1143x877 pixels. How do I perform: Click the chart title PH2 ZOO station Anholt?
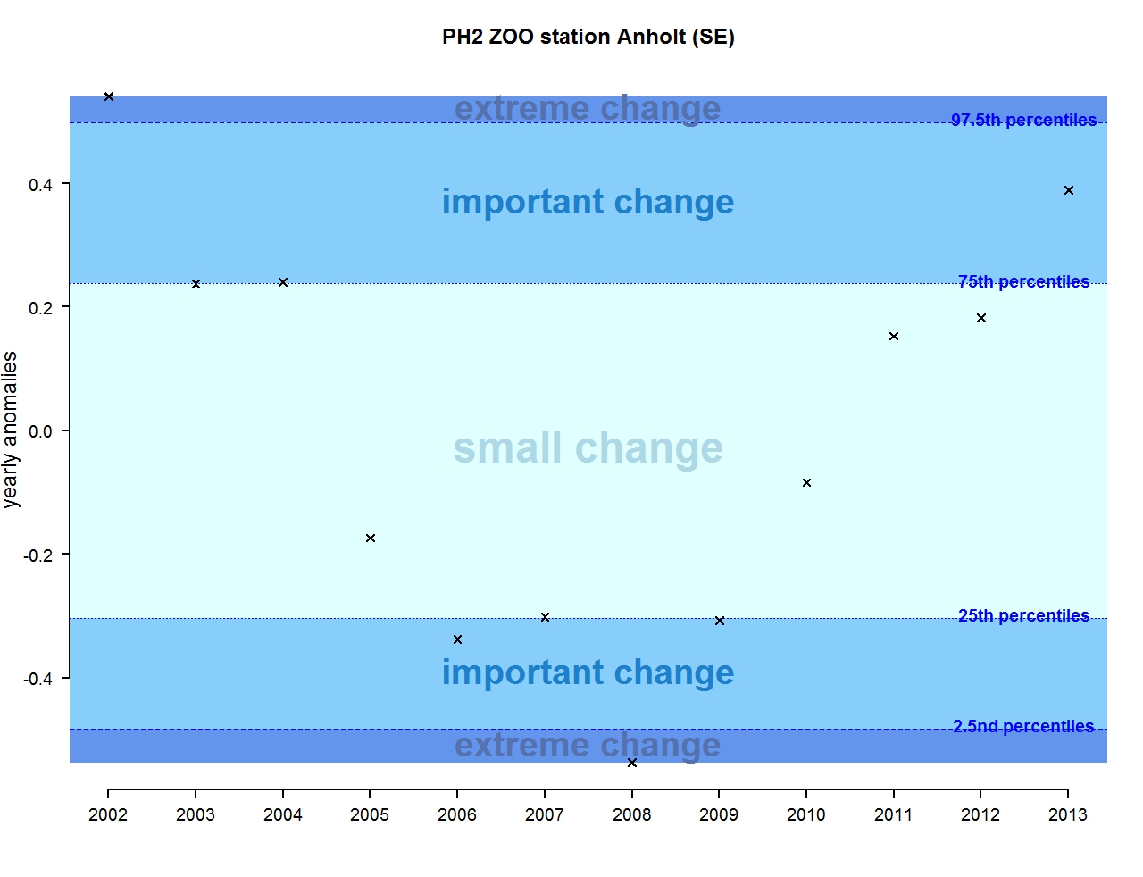click(x=588, y=37)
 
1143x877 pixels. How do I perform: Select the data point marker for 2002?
click(x=109, y=96)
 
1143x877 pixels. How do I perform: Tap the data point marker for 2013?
click(x=1069, y=190)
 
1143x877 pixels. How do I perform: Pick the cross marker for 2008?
click(x=632, y=763)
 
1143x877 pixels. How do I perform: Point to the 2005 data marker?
click(x=371, y=539)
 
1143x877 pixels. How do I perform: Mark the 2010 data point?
click(x=806, y=483)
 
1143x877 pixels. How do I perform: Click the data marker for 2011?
click(x=894, y=337)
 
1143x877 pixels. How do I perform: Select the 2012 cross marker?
click(x=981, y=318)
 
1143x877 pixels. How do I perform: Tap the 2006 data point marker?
click(x=458, y=639)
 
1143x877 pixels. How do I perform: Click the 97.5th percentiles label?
click(x=1023, y=120)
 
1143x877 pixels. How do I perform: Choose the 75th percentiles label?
click(x=1023, y=281)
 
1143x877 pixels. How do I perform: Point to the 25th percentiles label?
click(x=1023, y=615)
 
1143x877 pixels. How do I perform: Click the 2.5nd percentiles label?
click(x=1023, y=726)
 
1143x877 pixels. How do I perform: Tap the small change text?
click(x=588, y=447)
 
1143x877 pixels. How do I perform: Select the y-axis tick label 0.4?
click(x=40, y=185)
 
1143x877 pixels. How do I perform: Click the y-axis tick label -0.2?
click(x=38, y=555)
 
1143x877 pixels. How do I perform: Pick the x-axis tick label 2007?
click(x=545, y=814)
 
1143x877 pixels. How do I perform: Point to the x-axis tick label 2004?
click(x=283, y=814)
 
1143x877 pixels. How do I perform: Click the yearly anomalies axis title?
click(x=11, y=430)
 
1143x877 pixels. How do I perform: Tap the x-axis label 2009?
click(x=719, y=814)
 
